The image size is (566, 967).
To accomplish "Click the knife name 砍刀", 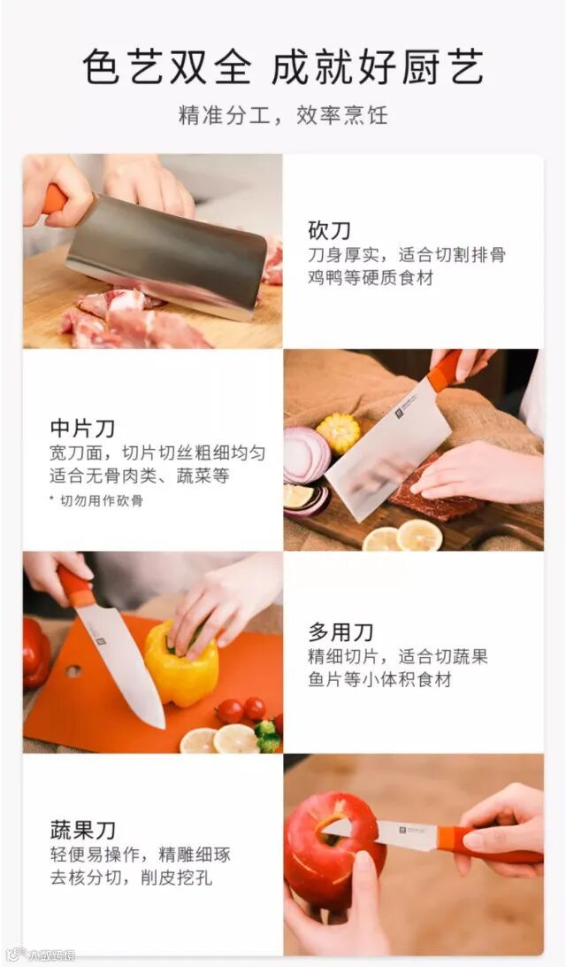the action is coord(330,230).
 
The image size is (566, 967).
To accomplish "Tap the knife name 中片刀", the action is coord(82,428).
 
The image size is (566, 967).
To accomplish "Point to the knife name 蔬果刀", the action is coord(82,830).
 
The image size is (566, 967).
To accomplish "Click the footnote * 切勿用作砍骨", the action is coord(96,501).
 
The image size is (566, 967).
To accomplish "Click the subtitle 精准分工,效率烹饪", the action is coord(283,115).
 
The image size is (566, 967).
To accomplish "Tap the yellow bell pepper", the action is coord(181,663).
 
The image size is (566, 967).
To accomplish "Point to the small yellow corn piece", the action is coord(339,432).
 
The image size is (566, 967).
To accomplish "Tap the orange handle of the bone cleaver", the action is coord(54,200).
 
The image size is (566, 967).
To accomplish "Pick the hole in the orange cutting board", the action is coord(73,671).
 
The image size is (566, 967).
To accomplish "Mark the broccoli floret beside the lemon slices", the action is coord(268,737).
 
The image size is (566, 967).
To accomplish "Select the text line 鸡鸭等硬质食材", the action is coord(371,277).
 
